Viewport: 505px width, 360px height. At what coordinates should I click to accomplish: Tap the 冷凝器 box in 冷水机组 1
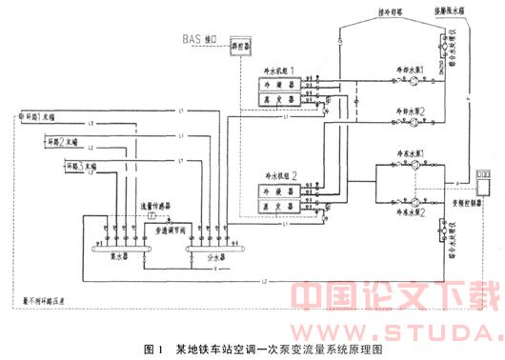tap(277, 85)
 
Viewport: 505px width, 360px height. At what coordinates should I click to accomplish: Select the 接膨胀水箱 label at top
tap(445, 11)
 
